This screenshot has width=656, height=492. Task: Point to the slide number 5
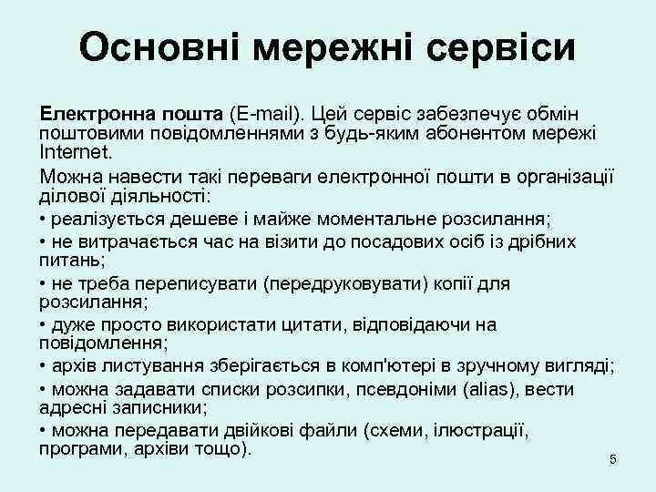612,460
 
